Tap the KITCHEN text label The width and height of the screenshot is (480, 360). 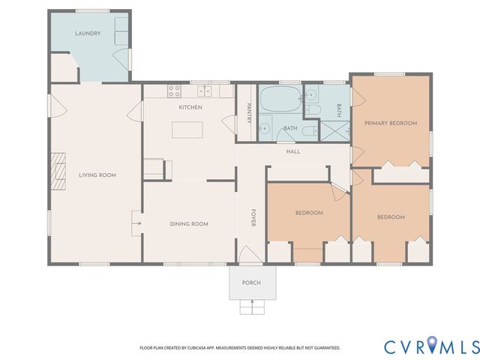(x=190, y=108)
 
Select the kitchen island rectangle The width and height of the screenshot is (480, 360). (x=189, y=130)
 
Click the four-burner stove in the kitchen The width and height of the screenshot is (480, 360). (x=174, y=91)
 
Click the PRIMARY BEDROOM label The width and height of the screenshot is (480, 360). (x=391, y=122)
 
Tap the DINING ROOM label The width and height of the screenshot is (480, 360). (x=189, y=223)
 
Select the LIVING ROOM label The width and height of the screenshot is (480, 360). (x=97, y=175)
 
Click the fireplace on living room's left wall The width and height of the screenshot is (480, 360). (x=58, y=163)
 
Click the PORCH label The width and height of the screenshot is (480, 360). (x=251, y=283)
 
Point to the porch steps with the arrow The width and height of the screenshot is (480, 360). (x=251, y=307)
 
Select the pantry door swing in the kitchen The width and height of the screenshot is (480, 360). (x=229, y=122)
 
